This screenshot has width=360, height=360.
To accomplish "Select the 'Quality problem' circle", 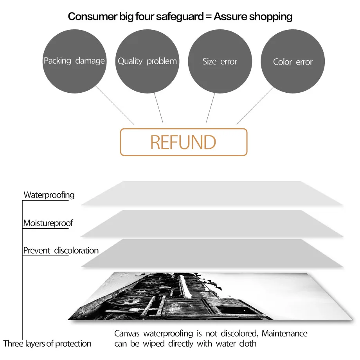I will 147,61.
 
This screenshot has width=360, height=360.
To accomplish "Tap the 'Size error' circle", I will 220,61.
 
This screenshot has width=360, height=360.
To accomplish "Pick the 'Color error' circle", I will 293,61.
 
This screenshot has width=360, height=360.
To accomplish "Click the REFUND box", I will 183,142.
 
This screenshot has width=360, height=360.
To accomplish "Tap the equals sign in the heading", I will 208,17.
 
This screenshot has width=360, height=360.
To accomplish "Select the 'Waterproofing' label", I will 49,195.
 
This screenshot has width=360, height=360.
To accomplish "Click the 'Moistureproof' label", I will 48,223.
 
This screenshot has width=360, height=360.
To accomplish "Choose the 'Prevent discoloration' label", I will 61,250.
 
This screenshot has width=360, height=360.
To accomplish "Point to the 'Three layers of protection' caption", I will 47,344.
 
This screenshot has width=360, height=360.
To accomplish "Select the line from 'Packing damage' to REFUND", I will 115,105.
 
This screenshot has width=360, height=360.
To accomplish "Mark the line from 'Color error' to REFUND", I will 255,105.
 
